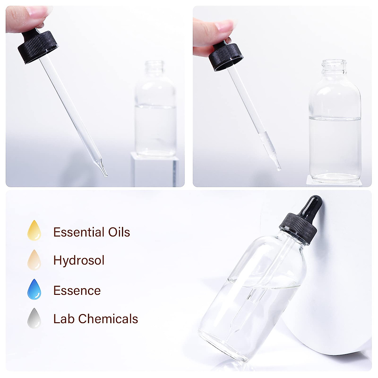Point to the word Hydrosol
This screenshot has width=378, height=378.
[x=79, y=261]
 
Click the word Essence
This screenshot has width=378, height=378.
[x=77, y=290]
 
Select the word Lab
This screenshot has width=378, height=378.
[x=64, y=319]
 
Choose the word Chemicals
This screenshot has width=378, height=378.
[x=108, y=319]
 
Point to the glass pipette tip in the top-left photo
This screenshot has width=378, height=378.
[x=104, y=172]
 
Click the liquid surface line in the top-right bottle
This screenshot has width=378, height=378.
[x=335, y=118]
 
